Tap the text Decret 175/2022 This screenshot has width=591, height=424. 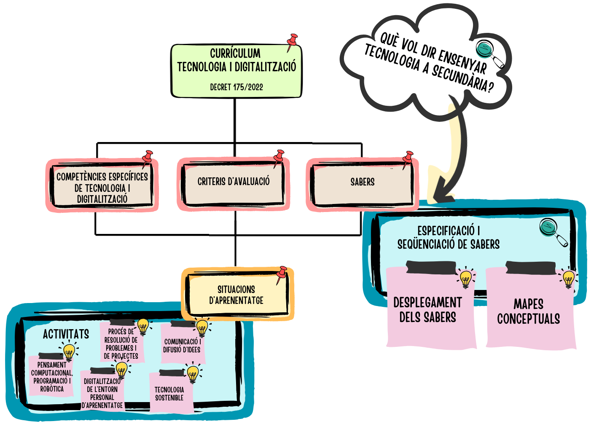pos(236,87)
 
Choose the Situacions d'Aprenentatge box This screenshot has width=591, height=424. pos(236,295)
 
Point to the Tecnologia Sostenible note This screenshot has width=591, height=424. pos(169,394)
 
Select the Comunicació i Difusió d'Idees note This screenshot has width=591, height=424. pos(182,346)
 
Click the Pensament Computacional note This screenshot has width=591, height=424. pos(51,377)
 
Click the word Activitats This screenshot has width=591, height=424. pos(66,334)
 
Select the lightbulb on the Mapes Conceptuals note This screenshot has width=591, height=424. pos(569,279)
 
